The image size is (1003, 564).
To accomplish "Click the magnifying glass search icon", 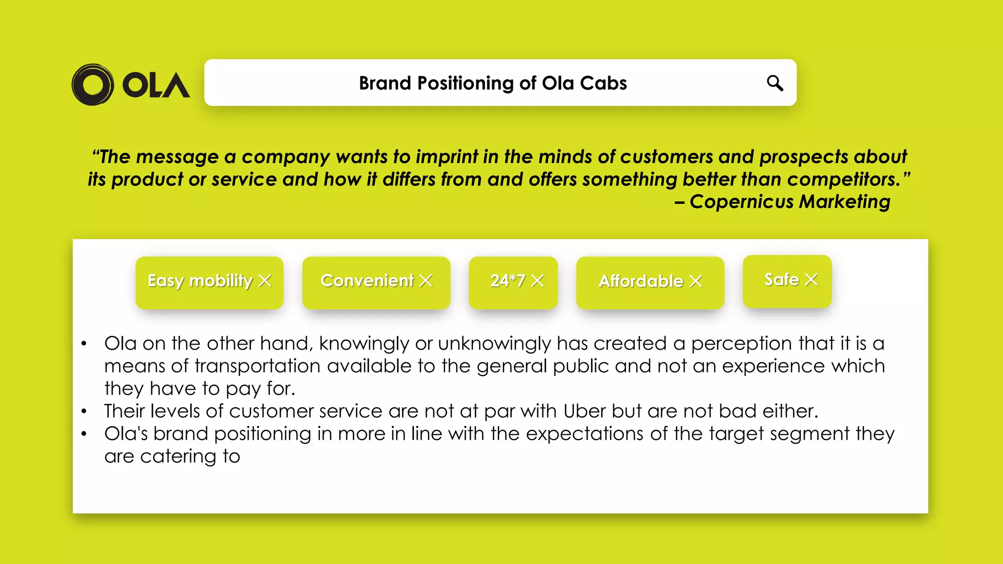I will pos(775,83).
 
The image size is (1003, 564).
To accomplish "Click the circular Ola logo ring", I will pos(93,85).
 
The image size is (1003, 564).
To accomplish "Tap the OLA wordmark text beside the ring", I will pos(156,86).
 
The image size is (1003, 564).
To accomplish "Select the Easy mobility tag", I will pos(200,281).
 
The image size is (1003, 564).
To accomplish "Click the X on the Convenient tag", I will pos(426,281).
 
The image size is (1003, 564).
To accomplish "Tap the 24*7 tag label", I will pos(507,281).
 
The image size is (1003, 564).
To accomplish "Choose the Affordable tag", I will pos(641,282).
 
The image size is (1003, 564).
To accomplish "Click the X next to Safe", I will pos(812,279).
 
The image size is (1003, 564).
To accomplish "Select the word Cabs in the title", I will pos(603,83).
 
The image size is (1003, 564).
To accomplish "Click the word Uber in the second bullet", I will pos(584,411).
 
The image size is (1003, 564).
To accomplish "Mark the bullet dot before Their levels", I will pos(84,411).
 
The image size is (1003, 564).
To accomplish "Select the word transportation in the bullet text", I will pos(258,366).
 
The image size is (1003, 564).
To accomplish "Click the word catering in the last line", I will pos(178,456).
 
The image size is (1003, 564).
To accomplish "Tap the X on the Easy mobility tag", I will pos(265,281).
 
